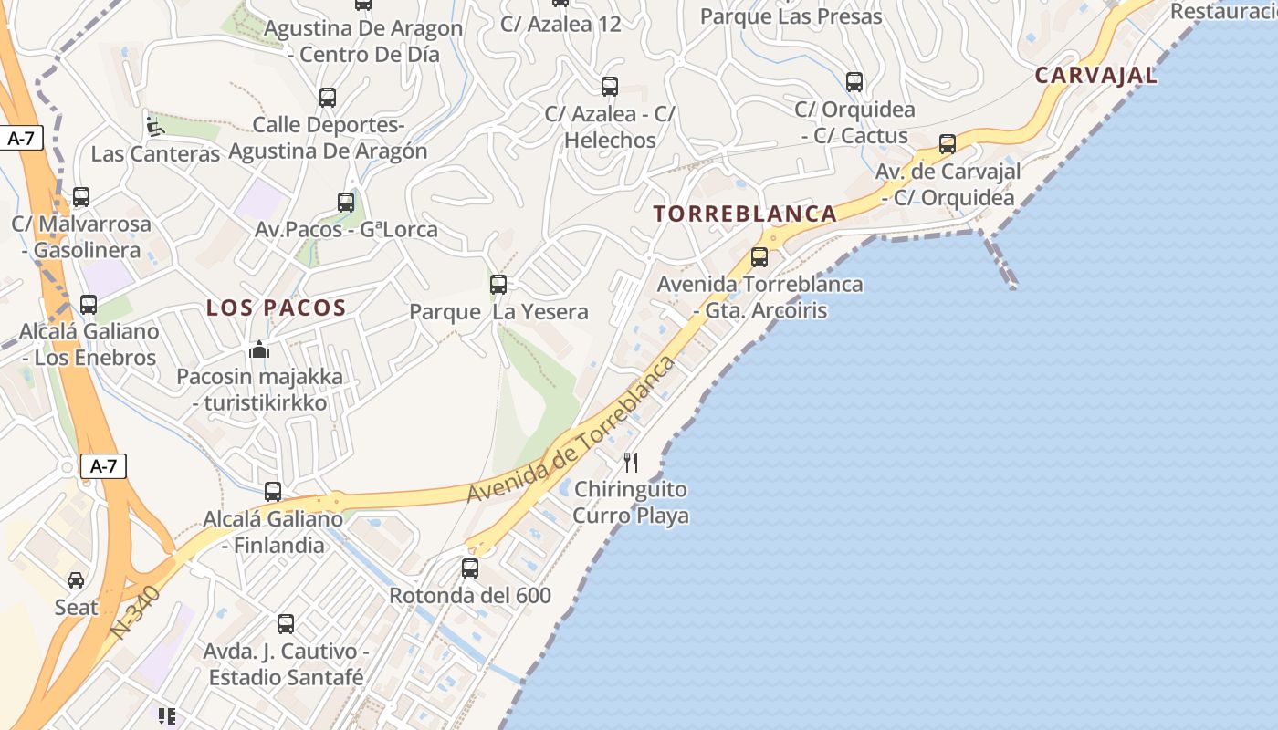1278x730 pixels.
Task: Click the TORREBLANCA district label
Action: tap(745, 214)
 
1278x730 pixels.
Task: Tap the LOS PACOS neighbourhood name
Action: tap(276, 308)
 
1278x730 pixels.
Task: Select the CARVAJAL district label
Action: tap(1095, 76)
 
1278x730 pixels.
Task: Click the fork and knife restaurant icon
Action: tap(631, 463)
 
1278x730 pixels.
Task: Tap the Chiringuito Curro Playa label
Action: tap(631, 502)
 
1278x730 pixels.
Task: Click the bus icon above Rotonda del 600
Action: tap(470, 568)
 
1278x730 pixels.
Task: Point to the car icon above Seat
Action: tap(76, 580)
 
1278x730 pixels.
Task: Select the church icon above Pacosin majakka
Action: tap(260, 349)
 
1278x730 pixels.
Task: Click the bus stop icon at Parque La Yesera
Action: tap(498, 285)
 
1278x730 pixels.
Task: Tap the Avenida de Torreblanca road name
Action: tap(572, 429)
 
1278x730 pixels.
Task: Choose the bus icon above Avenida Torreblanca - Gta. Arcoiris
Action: tap(759, 257)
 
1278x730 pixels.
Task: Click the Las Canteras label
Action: tap(155, 153)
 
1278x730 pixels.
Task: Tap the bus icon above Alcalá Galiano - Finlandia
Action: tap(273, 492)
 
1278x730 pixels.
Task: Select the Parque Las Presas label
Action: tap(791, 16)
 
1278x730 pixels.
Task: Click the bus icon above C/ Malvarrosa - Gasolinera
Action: tap(81, 197)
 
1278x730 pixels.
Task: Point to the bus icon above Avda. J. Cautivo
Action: tap(286, 624)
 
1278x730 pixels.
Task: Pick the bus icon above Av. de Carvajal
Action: tap(948, 144)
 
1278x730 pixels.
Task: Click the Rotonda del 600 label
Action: tap(470, 596)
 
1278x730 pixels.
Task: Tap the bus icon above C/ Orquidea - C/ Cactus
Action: tap(854, 82)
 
